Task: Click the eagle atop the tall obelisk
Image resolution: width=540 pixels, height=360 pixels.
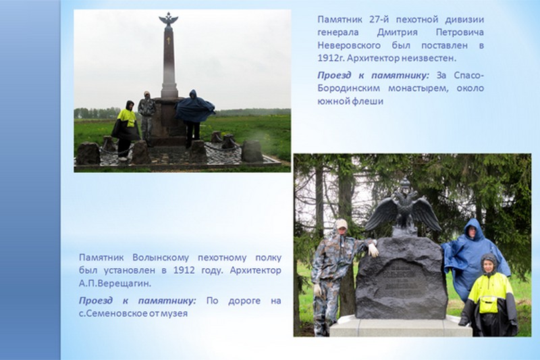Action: (168, 20)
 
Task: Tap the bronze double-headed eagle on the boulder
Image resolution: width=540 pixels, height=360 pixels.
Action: (403, 207)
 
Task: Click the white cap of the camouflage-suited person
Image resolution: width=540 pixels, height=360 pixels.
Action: (341, 224)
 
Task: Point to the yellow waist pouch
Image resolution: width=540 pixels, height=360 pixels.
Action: (489, 305)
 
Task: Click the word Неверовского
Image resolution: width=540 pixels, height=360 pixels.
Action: (349, 45)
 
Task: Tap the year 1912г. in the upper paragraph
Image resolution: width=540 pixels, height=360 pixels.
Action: (331, 58)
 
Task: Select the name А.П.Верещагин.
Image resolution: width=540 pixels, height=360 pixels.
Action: (115, 284)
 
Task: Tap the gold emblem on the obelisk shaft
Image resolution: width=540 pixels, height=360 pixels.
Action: (168, 41)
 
